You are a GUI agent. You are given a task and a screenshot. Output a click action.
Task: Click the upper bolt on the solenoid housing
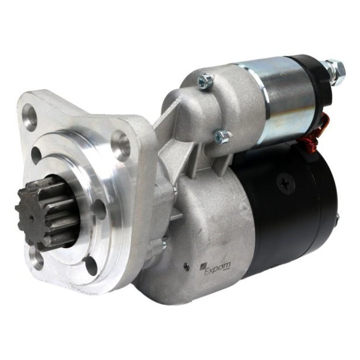click(x=205, y=81)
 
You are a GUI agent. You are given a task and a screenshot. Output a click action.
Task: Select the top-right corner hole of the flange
click(x=121, y=145)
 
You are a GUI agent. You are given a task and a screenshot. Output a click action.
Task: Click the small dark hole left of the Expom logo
click(x=186, y=266)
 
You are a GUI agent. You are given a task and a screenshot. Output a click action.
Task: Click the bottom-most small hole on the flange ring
click(x=90, y=265)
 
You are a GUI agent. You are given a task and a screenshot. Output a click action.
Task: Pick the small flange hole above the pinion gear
click(x=36, y=155)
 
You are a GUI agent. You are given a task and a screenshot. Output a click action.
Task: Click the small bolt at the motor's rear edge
click(x=337, y=218)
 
